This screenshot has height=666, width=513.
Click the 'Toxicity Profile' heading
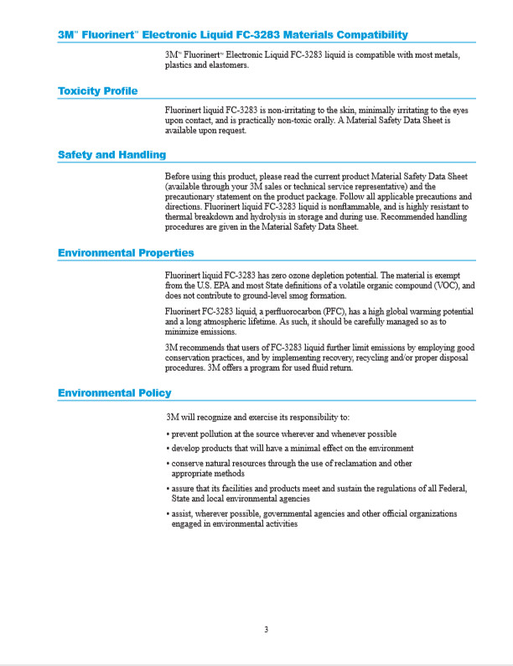(97, 91)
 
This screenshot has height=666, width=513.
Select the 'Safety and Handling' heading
(111, 154)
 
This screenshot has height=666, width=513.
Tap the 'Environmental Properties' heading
(126, 252)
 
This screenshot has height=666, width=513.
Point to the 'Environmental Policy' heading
(115, 393)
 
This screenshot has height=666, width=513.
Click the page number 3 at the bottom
(266, 630)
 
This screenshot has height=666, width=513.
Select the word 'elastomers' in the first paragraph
(226, 65)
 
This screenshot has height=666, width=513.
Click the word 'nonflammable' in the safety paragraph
(349, 206)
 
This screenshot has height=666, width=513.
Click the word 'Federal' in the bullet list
(449, 488)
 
